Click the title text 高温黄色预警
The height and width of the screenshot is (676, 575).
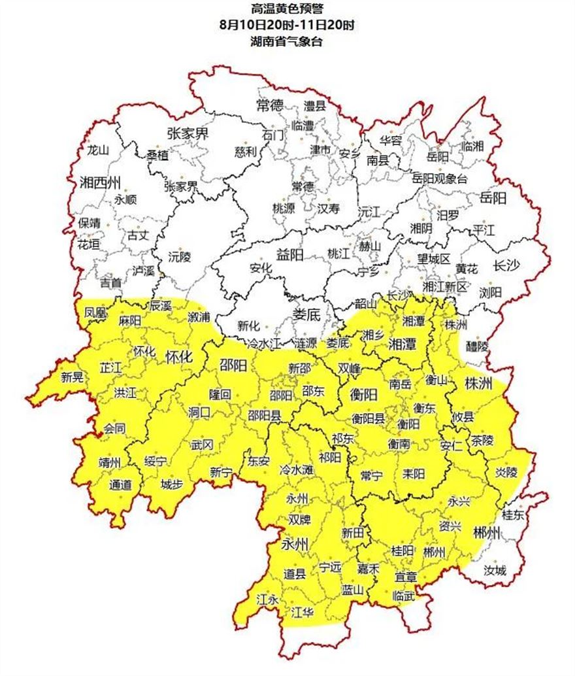[x=287, y=10]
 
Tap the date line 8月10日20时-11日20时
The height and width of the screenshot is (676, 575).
[x=287, y=26]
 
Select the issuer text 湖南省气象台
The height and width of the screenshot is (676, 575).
[x=287, y=42]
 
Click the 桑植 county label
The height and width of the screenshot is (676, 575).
[x=157, y=155]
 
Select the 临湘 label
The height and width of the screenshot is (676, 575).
[x=472, y=146]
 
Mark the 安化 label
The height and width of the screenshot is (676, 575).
[x=260, y=267]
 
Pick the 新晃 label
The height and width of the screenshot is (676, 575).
[x=73, y=377]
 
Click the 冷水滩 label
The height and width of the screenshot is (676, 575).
[x=295, y=470]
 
